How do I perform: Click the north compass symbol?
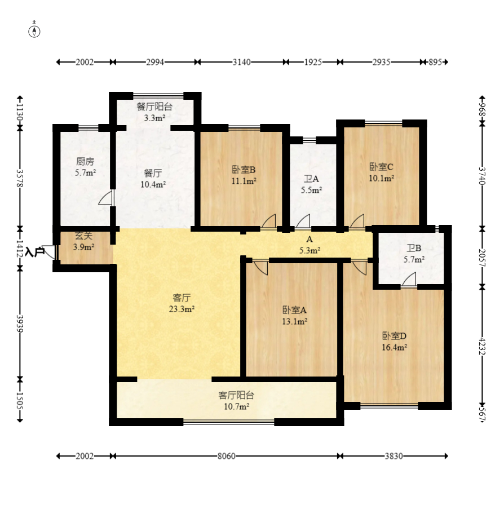34,30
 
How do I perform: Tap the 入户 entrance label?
35,252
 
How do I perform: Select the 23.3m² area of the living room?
182,309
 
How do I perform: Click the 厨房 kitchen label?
85,161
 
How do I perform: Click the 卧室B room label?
244,170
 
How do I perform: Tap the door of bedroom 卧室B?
268,221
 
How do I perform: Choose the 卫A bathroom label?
311,179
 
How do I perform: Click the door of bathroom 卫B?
409,280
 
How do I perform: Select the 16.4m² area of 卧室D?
394,347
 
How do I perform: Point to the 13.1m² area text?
295,321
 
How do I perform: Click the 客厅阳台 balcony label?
236,395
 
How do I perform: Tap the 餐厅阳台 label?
154,107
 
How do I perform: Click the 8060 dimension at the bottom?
227,456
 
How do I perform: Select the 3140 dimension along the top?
242,62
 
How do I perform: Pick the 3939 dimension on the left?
20,324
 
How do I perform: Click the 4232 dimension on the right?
483,346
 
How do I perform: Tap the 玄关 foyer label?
83,236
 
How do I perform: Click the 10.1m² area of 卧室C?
382,178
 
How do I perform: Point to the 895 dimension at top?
435,62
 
